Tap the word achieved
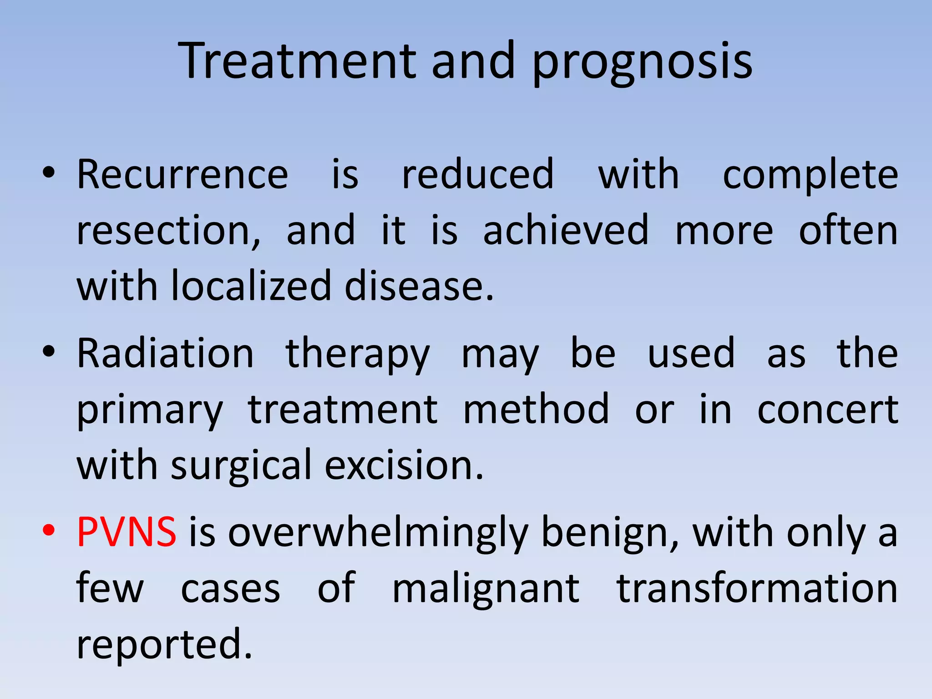[566, 230]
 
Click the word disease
[419, 287]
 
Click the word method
[536, 410]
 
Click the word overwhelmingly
[378, 533]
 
